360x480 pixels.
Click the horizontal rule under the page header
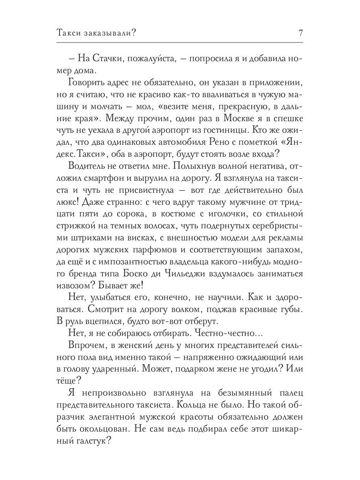click(180, 42)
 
